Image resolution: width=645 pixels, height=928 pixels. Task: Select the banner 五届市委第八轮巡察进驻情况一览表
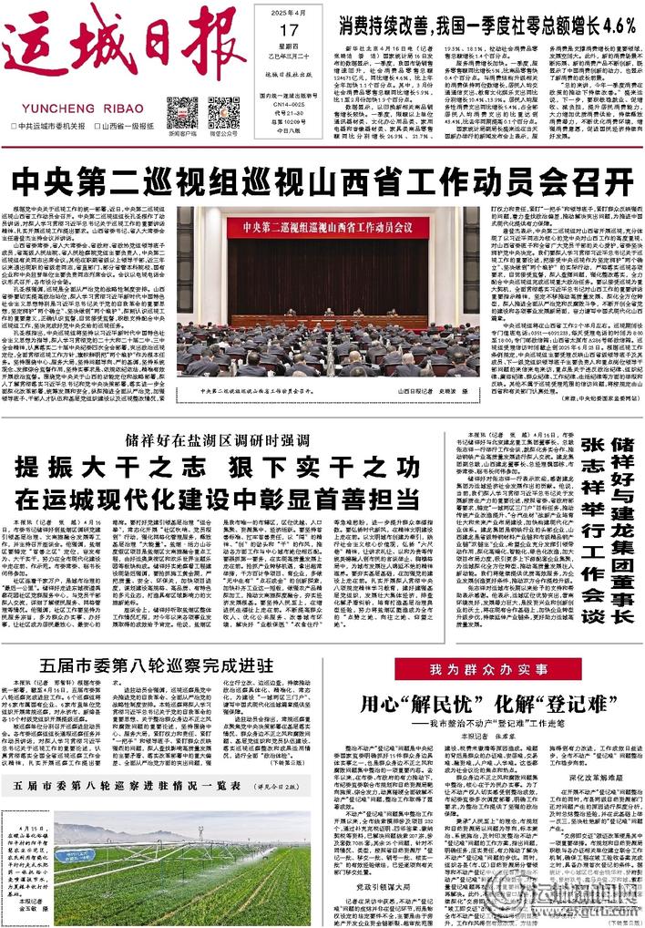point(128,784)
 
